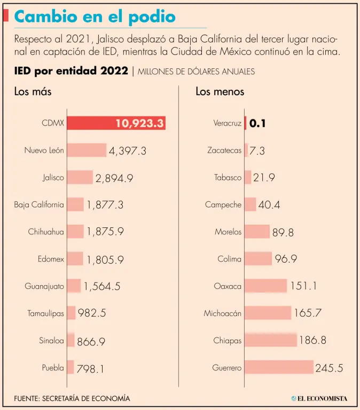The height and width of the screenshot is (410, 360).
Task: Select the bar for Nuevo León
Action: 87,151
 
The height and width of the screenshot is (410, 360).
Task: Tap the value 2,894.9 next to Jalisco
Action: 114,178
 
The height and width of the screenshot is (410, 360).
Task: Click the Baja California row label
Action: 39,204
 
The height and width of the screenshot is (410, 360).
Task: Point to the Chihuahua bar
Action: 75,232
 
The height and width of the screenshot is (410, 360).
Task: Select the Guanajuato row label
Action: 44,286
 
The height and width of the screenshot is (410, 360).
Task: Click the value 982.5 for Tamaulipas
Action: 92,313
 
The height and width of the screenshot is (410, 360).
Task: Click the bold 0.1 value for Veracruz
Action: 257,123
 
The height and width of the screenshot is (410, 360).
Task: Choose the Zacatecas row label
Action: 224,151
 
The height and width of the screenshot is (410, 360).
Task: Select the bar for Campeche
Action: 250,204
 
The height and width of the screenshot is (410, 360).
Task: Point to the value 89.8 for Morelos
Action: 283,232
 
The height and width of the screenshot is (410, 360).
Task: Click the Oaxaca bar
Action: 265,286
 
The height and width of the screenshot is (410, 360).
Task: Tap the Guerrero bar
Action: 279,367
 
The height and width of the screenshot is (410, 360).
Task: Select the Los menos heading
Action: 220,91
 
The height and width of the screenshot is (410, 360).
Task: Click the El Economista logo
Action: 319,398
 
